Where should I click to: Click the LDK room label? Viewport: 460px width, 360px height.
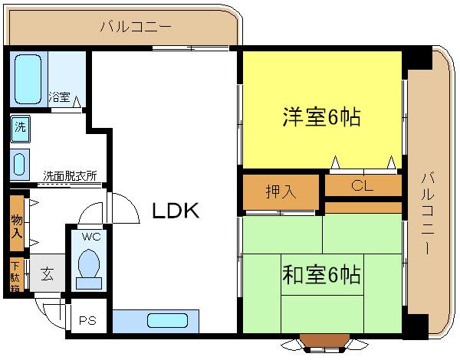tap(176, 211)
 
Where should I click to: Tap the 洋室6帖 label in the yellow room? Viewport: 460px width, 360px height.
tap(321, 117)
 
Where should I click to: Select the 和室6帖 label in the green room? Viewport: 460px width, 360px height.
tap(321, 274)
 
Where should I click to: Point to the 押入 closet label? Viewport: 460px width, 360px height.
tap(281, 191)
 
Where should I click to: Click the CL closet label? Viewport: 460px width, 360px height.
tap(362, 185)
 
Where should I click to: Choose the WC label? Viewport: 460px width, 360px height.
tap(91, 236)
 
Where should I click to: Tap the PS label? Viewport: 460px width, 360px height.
tap(87, 320)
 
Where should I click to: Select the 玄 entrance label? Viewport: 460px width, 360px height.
tap(48, 273)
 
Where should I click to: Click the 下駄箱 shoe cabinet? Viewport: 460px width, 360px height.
tap(16, 276)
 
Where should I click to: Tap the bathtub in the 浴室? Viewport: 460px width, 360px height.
tap(28, 79)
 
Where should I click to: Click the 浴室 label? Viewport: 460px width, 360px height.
tap(59, 97)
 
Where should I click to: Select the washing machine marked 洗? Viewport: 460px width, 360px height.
tap(20, 129)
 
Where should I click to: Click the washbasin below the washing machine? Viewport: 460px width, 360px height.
tap(19, 164)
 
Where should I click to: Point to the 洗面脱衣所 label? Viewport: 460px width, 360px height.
tap(70, 176)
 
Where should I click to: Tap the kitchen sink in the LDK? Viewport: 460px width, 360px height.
tap(167, 320)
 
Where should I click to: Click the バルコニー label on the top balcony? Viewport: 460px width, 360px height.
tap(136, 27)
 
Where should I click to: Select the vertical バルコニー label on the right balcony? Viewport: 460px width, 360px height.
tap(428, 213)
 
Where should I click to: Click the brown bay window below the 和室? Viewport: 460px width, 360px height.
tap(325, 341)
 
